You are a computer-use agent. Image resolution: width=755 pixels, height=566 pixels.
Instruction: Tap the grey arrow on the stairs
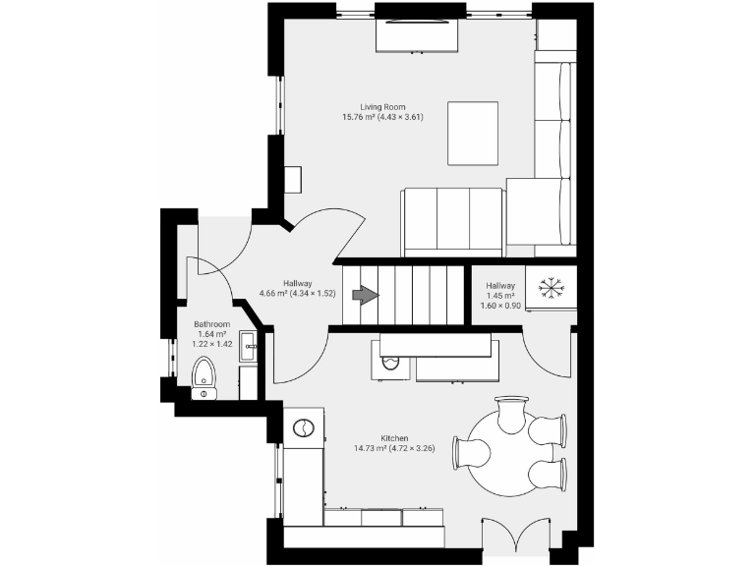click(x=365, y=296)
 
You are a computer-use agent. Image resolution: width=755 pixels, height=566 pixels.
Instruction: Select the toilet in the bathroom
click(x=203, y=375)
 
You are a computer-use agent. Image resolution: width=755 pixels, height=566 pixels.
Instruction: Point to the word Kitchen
click(x=394, y=438)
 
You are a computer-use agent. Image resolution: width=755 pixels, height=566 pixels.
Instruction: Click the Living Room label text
click(x=382, y=106)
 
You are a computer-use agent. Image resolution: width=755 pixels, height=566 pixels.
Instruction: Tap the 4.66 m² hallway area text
click(x=297, y=293)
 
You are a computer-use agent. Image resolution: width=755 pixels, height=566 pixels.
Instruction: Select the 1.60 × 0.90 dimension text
click(x=499, y=306)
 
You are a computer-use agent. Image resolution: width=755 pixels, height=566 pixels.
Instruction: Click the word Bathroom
click(x=211, y=324)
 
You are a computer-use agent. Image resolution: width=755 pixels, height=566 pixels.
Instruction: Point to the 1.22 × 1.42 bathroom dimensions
click(x=211, y=345)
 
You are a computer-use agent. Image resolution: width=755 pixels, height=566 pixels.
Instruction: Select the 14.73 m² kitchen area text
click(x=394, y=449)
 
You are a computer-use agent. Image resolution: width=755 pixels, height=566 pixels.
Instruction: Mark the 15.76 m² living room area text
click(x=382, y=117)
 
